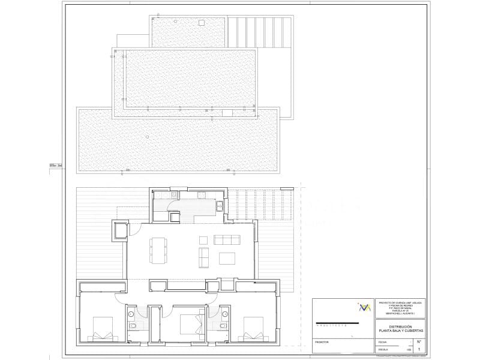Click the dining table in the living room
(x=159, y=251)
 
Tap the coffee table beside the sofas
(x=227, y=259)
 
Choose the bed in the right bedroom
(x=253, y=329)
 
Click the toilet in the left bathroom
(x=133, y=325)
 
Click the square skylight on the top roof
(x=202, y=23)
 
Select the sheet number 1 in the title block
(x=419, y=348)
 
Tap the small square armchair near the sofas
(x=203, y=241)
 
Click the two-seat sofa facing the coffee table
(x=203, y=259)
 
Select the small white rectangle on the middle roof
(x=227, y=112)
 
